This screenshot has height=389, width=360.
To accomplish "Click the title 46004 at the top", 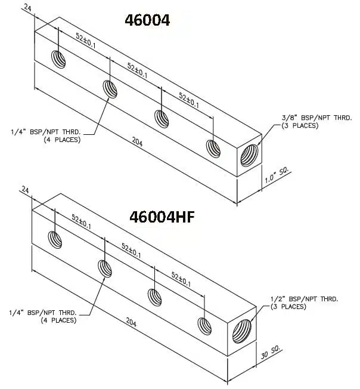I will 147,20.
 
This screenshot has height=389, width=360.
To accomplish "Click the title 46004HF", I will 162,217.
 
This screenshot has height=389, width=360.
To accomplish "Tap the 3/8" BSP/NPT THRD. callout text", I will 309,121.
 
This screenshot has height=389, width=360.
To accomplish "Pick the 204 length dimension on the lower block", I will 131,323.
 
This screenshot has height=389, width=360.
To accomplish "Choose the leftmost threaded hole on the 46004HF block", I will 55,239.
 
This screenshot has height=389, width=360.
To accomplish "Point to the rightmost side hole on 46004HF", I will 204,325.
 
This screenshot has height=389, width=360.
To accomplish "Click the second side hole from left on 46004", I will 110,89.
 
